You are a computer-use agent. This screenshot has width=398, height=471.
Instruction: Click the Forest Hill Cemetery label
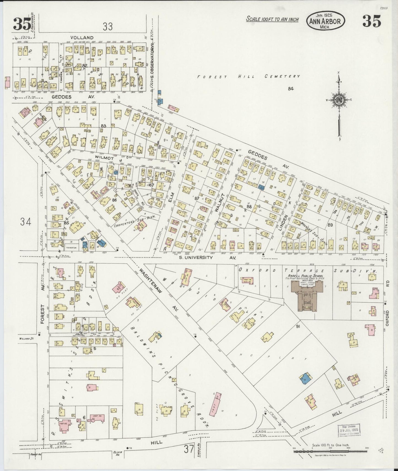[248, 77]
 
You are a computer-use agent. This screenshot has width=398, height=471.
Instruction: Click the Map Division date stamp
[349, 430]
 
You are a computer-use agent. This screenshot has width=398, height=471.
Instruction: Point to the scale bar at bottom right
[331, 451]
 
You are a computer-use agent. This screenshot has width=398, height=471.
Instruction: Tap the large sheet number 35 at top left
[22, 24]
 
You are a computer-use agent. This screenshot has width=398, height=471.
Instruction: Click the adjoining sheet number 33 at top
[108, 27]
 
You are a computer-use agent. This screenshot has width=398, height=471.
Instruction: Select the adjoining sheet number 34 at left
[25, 221]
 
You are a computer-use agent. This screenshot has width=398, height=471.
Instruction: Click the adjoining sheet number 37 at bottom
[189, 449]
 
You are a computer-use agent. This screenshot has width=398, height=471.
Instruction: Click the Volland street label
[82, 38]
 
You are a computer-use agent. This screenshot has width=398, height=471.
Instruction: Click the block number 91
[298, 327]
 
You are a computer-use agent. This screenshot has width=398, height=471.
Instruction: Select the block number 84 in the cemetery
[290, 88]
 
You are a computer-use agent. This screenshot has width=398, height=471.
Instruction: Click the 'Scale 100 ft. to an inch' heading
[272, 19]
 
